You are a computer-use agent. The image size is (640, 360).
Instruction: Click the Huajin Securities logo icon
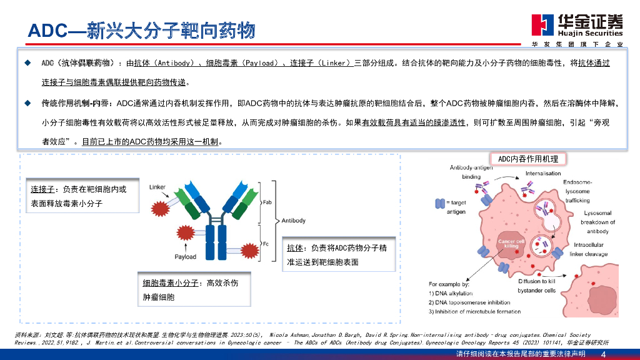click(541, 24)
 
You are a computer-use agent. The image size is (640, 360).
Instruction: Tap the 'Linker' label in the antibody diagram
click(157, 187)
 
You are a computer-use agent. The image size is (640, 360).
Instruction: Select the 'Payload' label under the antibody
click(186, 256)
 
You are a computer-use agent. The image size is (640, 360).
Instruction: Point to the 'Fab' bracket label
click(267, 202)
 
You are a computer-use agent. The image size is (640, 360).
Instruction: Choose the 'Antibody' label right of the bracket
click(294, 221)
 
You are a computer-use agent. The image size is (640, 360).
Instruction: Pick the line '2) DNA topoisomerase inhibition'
click(469, 302)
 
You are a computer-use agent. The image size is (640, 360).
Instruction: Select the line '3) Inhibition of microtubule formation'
click(474, 311)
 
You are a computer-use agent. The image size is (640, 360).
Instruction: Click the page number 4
click(602, 354)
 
